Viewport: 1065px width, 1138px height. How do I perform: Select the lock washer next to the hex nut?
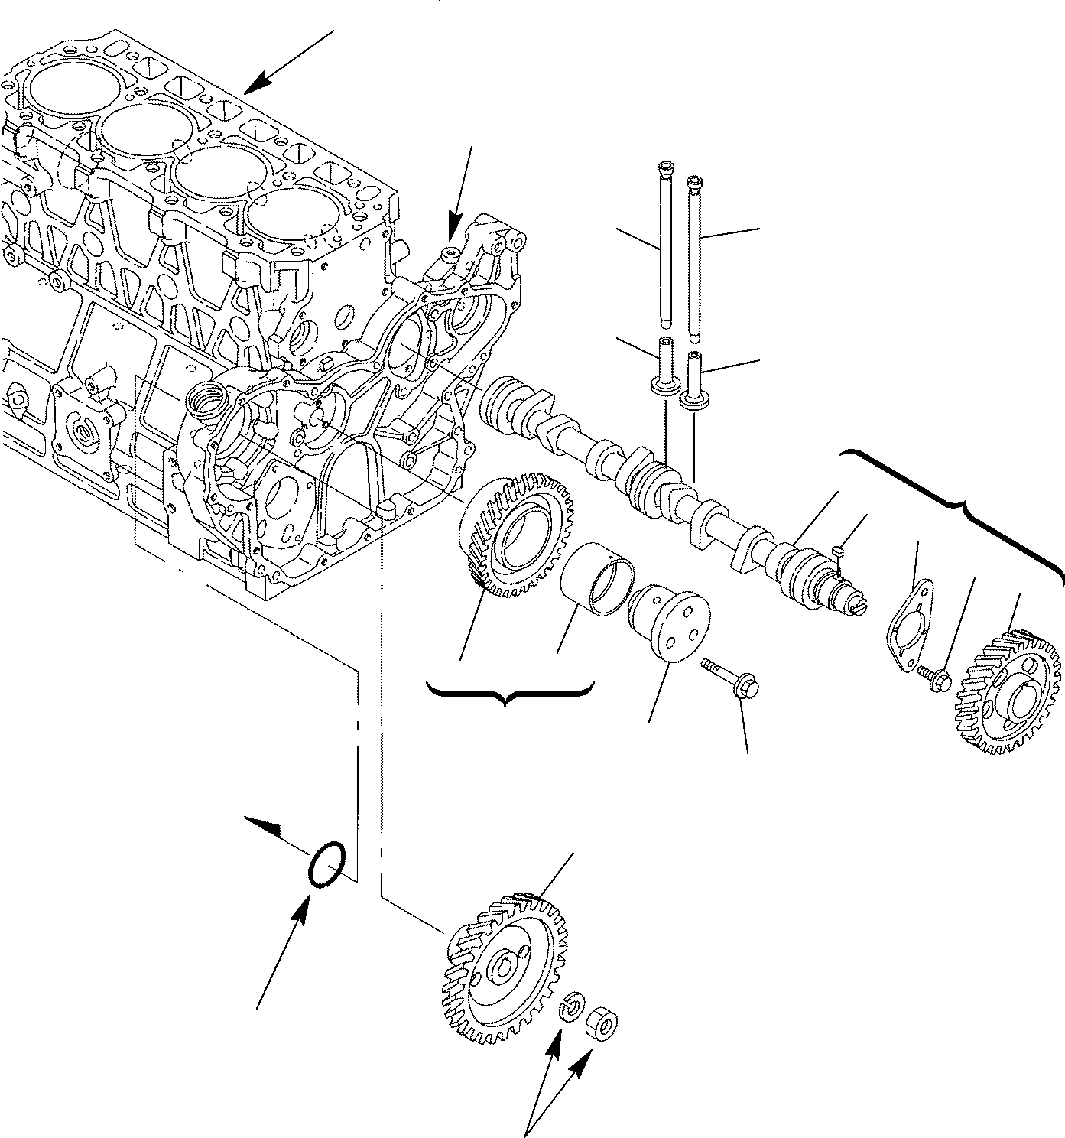(x=572, y=1006)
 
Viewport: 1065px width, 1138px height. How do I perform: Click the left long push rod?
(x=662, y=245)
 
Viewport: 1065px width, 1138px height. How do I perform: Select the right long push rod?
(x=695, y=256)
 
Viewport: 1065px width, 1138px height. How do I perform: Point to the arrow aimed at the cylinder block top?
(x=291, y=61)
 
